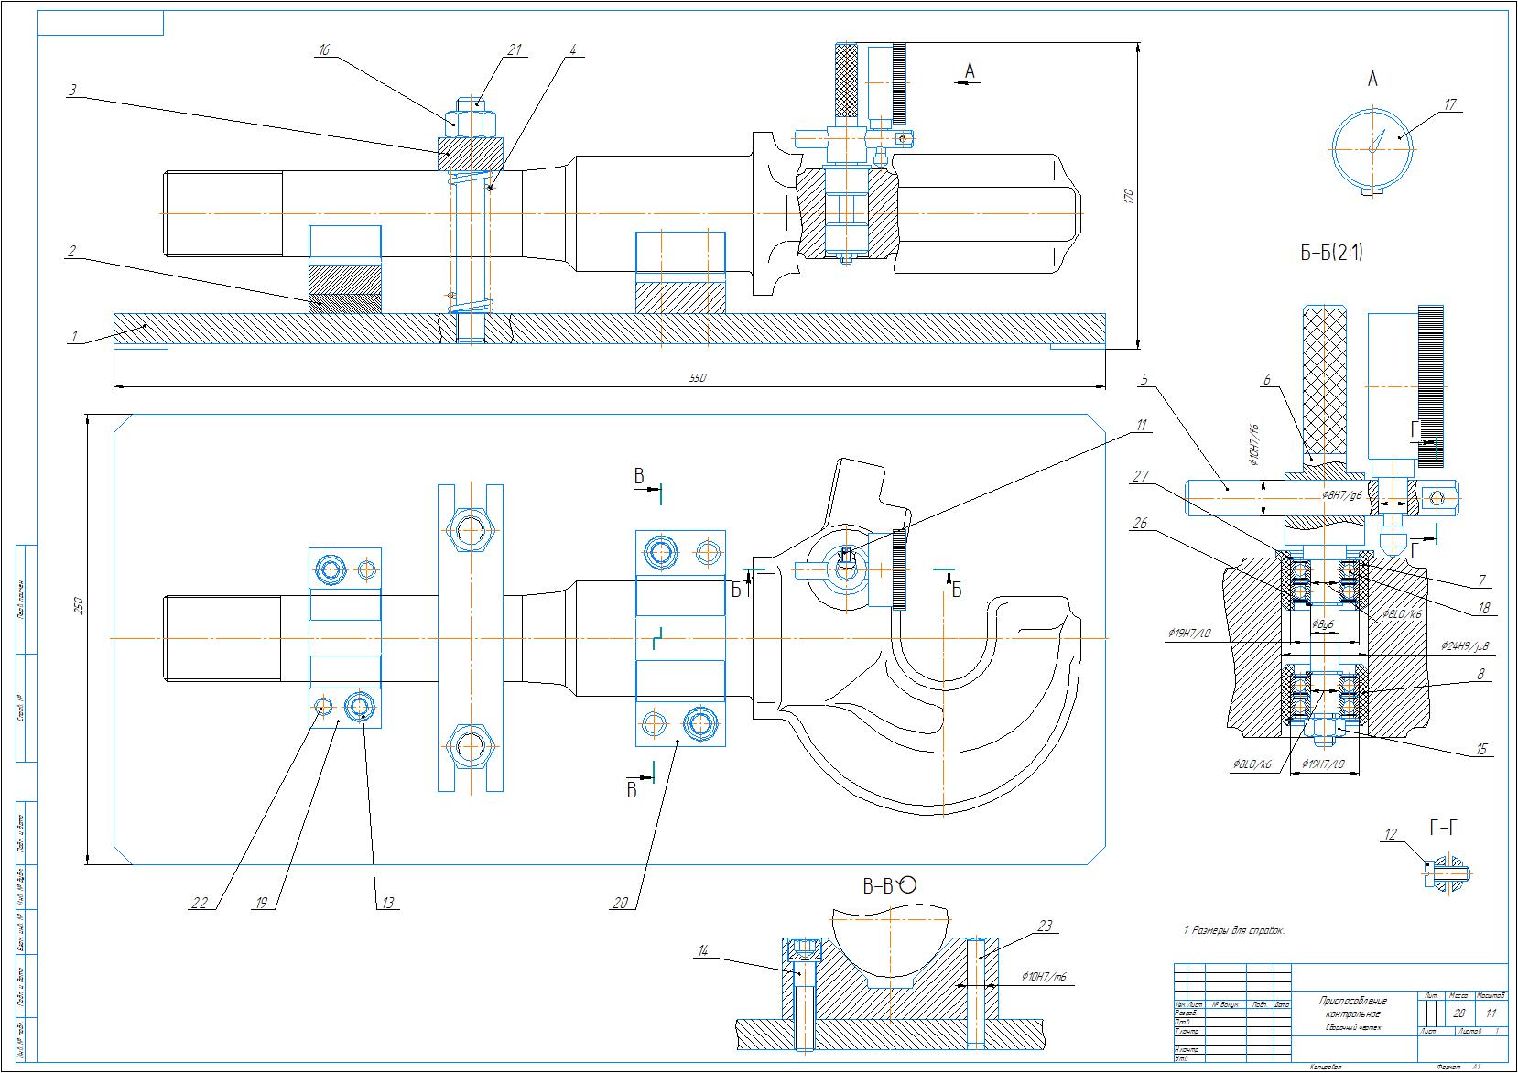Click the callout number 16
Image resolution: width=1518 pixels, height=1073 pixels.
pos(323,51)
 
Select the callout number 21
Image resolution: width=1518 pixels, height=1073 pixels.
pos(514,50)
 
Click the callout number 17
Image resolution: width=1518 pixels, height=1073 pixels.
pos(1449,105)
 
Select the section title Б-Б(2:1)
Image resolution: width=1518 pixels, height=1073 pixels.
pos(1331,254)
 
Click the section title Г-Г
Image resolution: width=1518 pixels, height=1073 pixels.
pos(1442,829)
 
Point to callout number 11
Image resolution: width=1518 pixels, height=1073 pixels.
pos(1141,425)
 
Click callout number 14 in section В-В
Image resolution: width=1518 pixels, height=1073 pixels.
pos(702,950)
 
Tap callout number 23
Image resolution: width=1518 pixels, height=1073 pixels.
pos(1045,926)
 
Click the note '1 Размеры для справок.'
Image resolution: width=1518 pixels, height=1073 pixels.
pos(1234,930)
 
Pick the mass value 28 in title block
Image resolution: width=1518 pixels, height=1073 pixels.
pos(1458,1013)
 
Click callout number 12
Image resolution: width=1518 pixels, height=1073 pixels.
pos(1392,834)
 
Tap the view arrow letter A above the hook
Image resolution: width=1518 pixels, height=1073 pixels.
pos(970,71)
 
